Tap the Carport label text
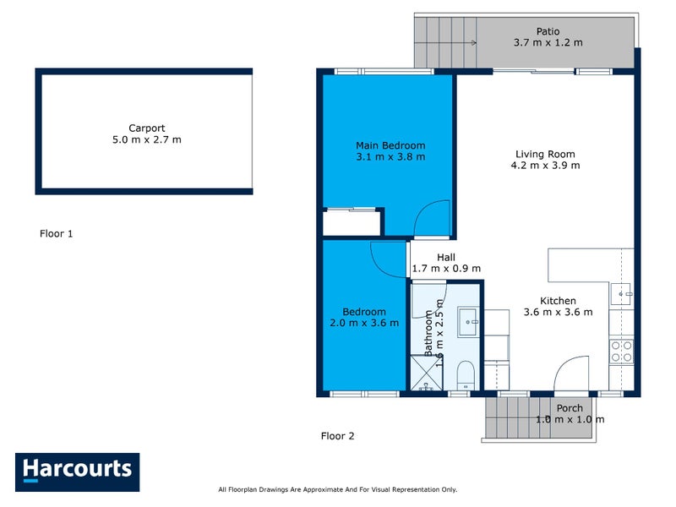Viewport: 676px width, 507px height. tap(146, 128)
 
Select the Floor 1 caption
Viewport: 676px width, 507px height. tap(57, 233)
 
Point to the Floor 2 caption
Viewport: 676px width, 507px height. tap(337, 436)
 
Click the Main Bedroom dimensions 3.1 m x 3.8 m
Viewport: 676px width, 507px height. tap(390, 156)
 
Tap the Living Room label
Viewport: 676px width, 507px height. tap(545, 154)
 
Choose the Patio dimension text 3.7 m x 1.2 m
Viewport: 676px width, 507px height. tap(548, 42)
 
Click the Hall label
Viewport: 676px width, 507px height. tap(446, 258)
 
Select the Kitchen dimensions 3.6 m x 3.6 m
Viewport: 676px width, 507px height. tap(558, 312)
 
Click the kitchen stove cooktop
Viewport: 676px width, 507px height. tap(621, 351)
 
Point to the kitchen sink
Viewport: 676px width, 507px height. tap(623, 294)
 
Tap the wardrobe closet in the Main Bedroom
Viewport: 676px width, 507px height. tap(352, 223)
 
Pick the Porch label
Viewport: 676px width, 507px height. tap(569, 408)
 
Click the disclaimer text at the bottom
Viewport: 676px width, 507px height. tap(337, 489)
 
